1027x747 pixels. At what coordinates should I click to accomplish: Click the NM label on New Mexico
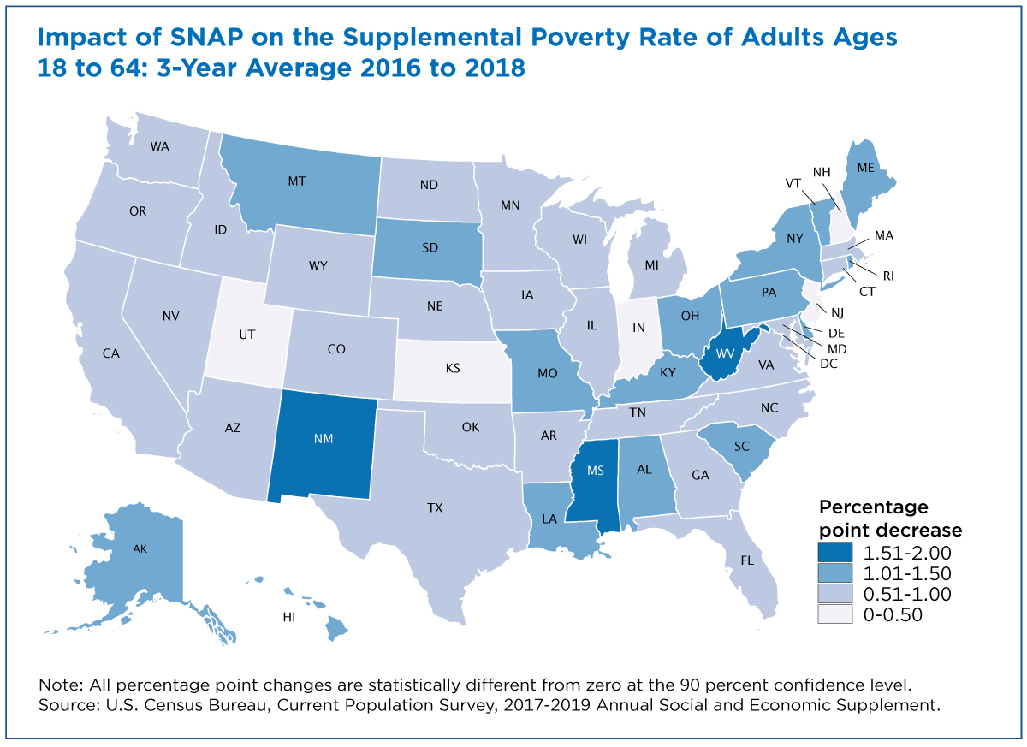click(x=323, y=438)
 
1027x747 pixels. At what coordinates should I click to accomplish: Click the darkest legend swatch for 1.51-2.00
click(x=835, y=553)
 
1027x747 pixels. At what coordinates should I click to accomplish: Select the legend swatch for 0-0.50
click(x=835, y=614)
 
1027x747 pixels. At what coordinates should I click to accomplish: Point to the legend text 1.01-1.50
click(x=905, y=573)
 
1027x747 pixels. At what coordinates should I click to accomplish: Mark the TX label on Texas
click(x=435, y=507)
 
